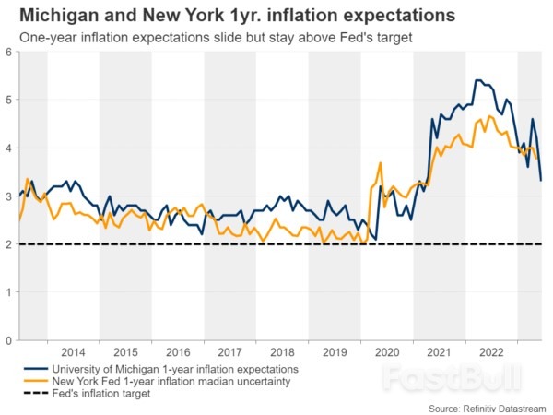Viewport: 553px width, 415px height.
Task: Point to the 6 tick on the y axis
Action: tap(7, 52)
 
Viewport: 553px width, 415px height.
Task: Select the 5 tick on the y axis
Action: tap(7, 100)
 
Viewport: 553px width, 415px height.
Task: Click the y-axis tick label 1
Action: tap(7, 292)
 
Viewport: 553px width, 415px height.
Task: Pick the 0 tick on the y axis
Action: tap(7, 340)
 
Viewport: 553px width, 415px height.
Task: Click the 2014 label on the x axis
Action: tap(73, 353)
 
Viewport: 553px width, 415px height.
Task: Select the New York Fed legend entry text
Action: tap(172, 380)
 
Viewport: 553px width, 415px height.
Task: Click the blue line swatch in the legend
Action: tap(36, 367)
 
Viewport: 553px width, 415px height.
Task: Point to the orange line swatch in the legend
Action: tap(36, 380)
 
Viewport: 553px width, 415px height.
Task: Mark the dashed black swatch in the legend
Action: tap(36, 393)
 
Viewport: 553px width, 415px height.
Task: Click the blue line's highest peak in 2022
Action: tap(477, 80)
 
